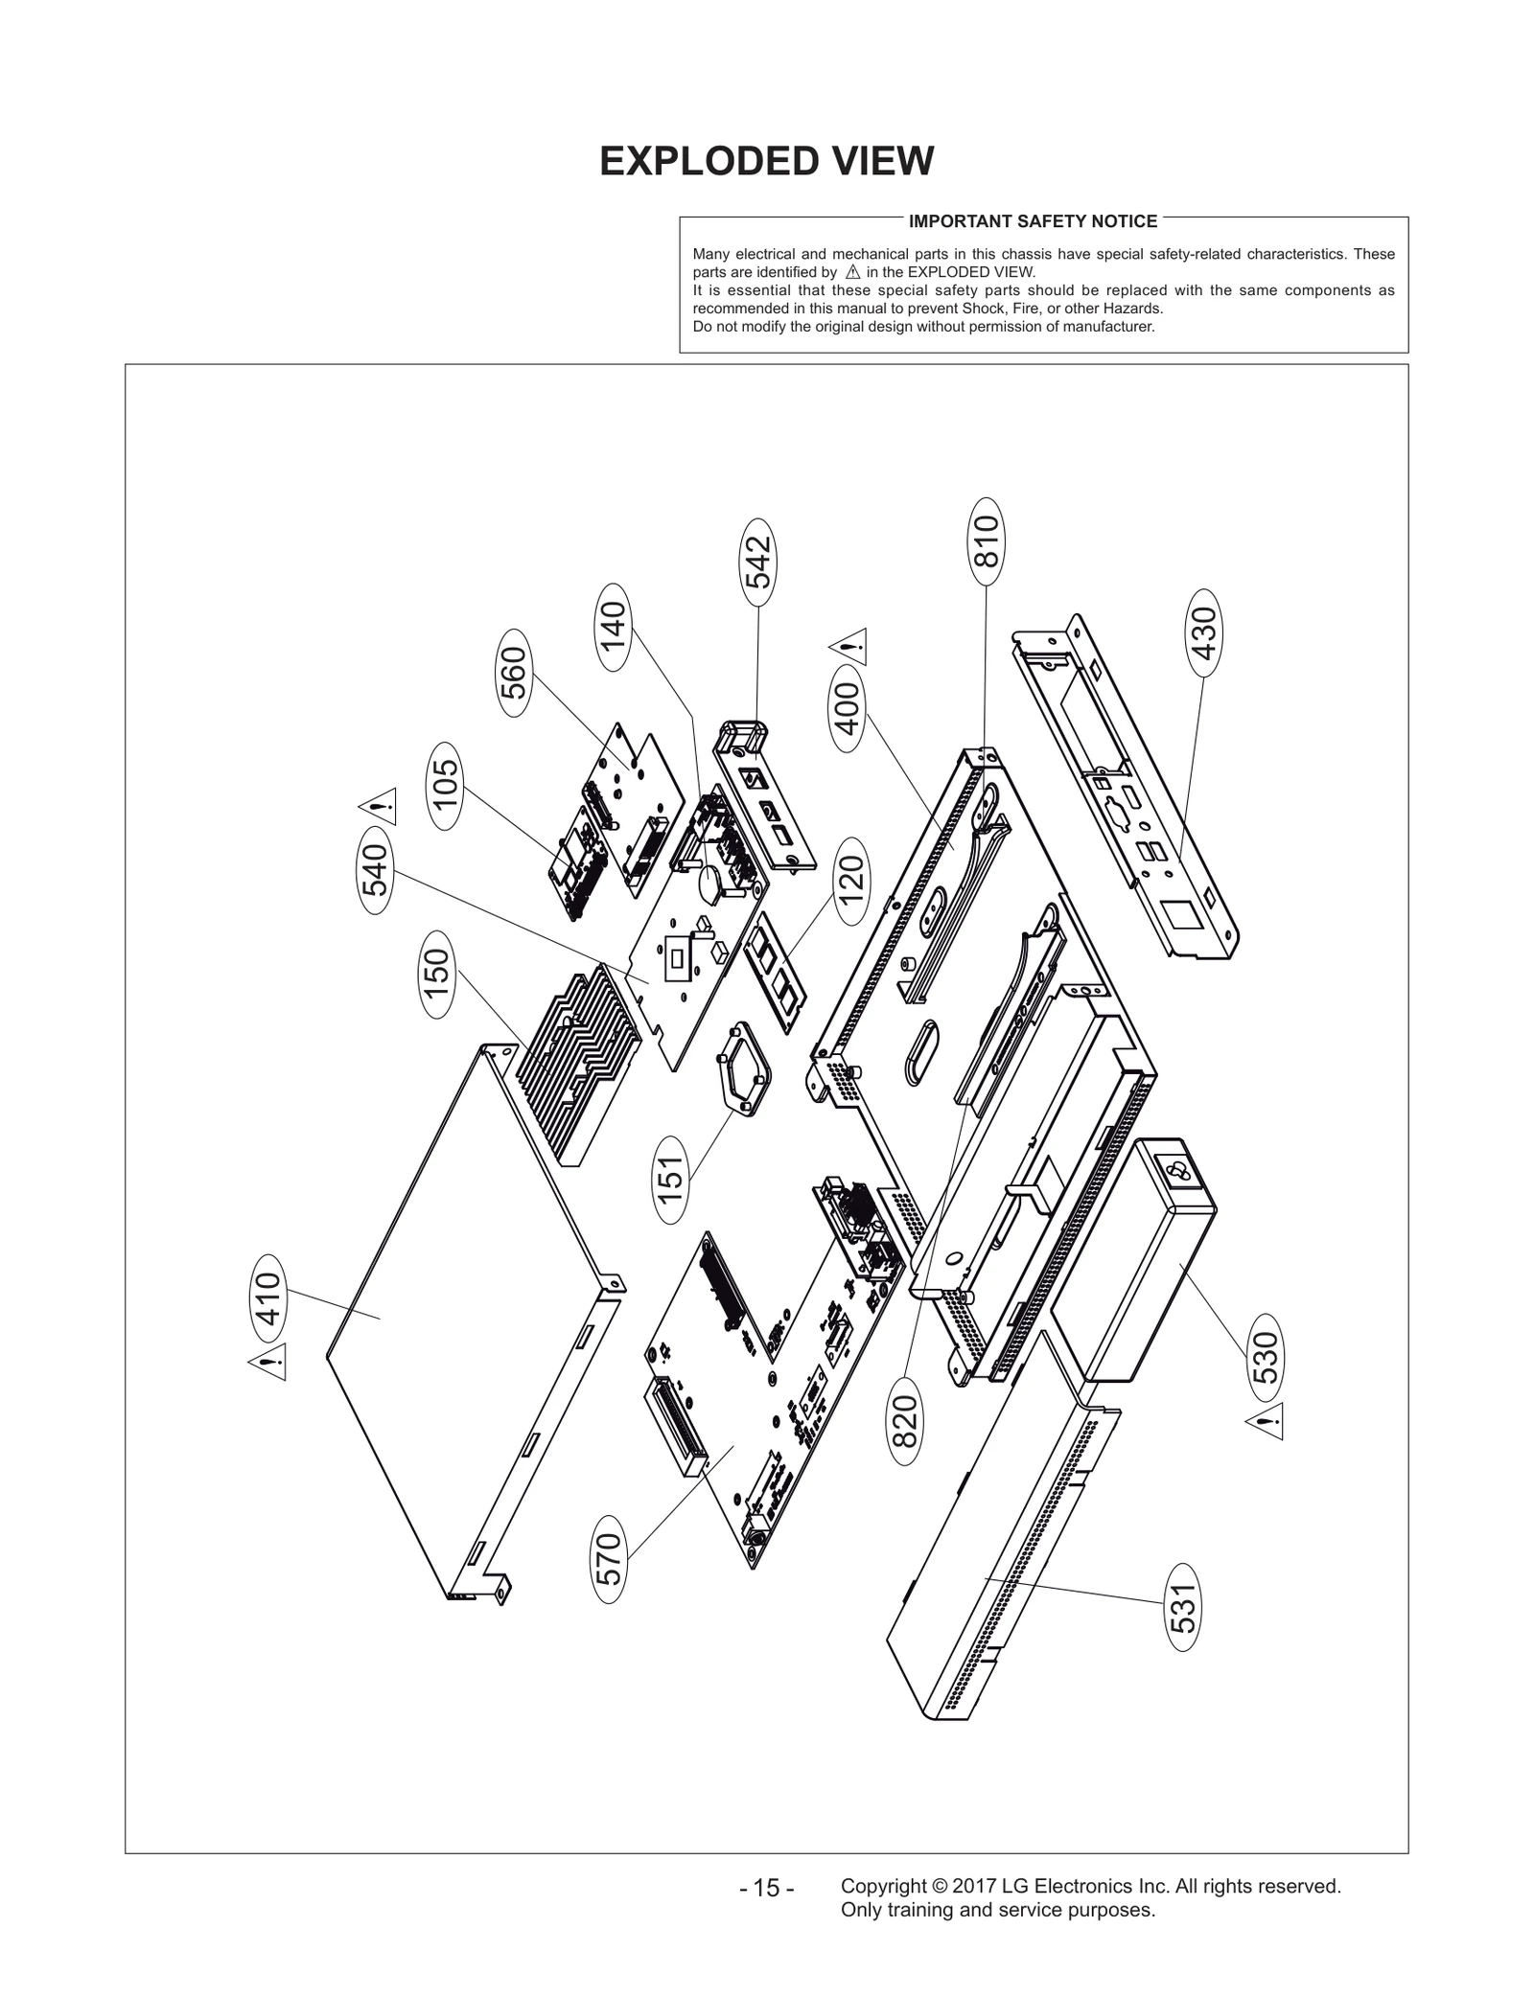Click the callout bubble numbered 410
pyautogui.click(x=270, y=1298)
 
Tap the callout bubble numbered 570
pyautogui.click(x=609, y=1559)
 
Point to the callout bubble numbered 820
pyautogui.click(x=904, y=1421)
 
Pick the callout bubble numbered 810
pyautogui.click(x=987, y=541)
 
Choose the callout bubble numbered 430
pyautogui.click(x=1203, y=632)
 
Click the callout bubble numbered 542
pyautogui.click(x=758, y=562)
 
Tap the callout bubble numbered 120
pyautogui.click(x=850, y=881)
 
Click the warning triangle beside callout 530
pyautogui.click(x=1266, y=1424)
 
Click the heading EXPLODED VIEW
pyautogui.click(x=766, y=161)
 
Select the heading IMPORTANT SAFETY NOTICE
pyautogui.click(x=1033, y=221)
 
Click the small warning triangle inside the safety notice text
pyautogui.click(x=853, y=272)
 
